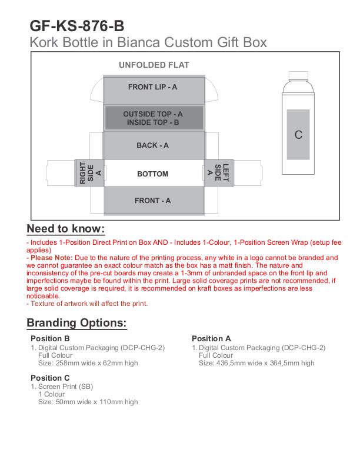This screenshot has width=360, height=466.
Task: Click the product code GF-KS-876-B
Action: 76,26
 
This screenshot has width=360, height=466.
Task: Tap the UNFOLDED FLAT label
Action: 154,65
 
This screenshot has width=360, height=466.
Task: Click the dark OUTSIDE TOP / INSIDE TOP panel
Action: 153,118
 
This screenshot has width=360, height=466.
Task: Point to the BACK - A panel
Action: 153,145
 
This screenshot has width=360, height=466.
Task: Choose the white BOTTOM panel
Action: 153,174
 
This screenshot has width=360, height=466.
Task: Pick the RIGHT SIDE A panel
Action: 90,173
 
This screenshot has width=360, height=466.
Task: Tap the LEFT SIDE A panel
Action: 218,173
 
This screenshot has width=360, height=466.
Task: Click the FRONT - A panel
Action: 153,201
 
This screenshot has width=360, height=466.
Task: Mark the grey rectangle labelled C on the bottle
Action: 298,135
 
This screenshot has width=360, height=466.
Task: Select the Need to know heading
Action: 66,229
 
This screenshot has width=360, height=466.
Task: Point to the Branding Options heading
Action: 76,323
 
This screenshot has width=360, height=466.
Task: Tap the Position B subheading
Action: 50,338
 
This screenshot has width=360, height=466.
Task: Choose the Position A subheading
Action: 211,338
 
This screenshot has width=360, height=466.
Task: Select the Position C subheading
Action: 50,377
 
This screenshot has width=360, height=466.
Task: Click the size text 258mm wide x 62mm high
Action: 88,363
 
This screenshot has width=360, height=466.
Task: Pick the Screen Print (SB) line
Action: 65,387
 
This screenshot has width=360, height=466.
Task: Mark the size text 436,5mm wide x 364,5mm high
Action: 256,363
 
